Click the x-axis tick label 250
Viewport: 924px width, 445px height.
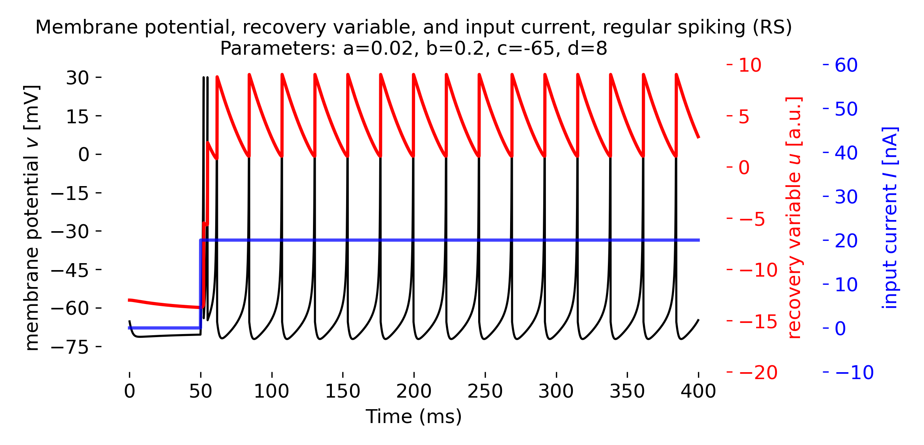click(485, 391)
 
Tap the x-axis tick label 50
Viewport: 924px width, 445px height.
click(200, 391)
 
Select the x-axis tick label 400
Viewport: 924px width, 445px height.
click(698, 391)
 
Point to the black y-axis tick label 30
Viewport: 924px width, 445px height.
click(77, 78)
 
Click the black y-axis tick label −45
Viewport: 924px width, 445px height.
click(70, 270)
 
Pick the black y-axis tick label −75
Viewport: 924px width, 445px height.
click(70, 347)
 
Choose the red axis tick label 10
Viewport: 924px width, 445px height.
click(750, 65)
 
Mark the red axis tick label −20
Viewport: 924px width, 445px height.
click(758, 373)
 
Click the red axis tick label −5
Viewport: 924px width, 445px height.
click(752, 219)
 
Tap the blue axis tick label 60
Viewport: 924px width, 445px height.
click(846, 65)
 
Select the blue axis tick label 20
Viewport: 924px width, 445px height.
click(846, 241)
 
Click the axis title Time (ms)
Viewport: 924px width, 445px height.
click(413, 417)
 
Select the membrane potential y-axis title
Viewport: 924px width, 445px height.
click(32, 218)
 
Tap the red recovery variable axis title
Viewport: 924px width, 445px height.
click(794, 218)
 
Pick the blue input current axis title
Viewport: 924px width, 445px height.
click(890, 218)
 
